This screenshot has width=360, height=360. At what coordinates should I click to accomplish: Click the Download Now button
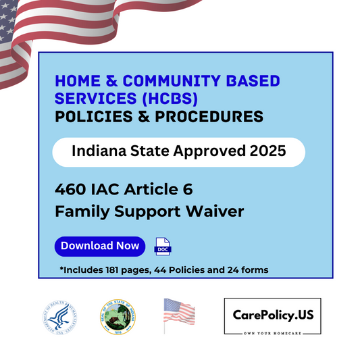coord(100,246)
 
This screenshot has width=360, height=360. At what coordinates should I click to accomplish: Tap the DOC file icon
coord(163,247)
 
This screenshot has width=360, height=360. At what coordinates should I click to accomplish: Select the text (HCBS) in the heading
coord(172,99)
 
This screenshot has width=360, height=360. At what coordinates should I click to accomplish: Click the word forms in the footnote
coord(255,270)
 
